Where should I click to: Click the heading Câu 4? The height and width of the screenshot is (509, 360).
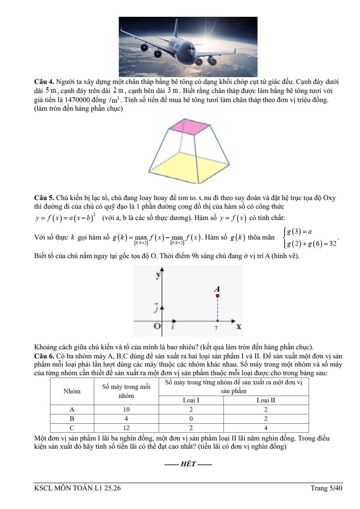44,82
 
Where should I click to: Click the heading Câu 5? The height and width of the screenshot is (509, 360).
44,198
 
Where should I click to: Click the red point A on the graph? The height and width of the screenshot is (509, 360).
218,296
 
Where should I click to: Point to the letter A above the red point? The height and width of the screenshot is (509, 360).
217,289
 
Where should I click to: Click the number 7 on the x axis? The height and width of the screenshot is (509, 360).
216,328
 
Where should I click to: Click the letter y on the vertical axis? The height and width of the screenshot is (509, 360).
158,275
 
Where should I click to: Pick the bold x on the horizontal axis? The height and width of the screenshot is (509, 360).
238,326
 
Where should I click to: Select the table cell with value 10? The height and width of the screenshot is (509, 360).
126,409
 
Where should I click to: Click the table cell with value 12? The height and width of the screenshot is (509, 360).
126,427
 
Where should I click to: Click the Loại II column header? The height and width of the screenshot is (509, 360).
266,400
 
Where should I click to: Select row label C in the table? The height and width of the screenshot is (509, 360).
72,427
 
